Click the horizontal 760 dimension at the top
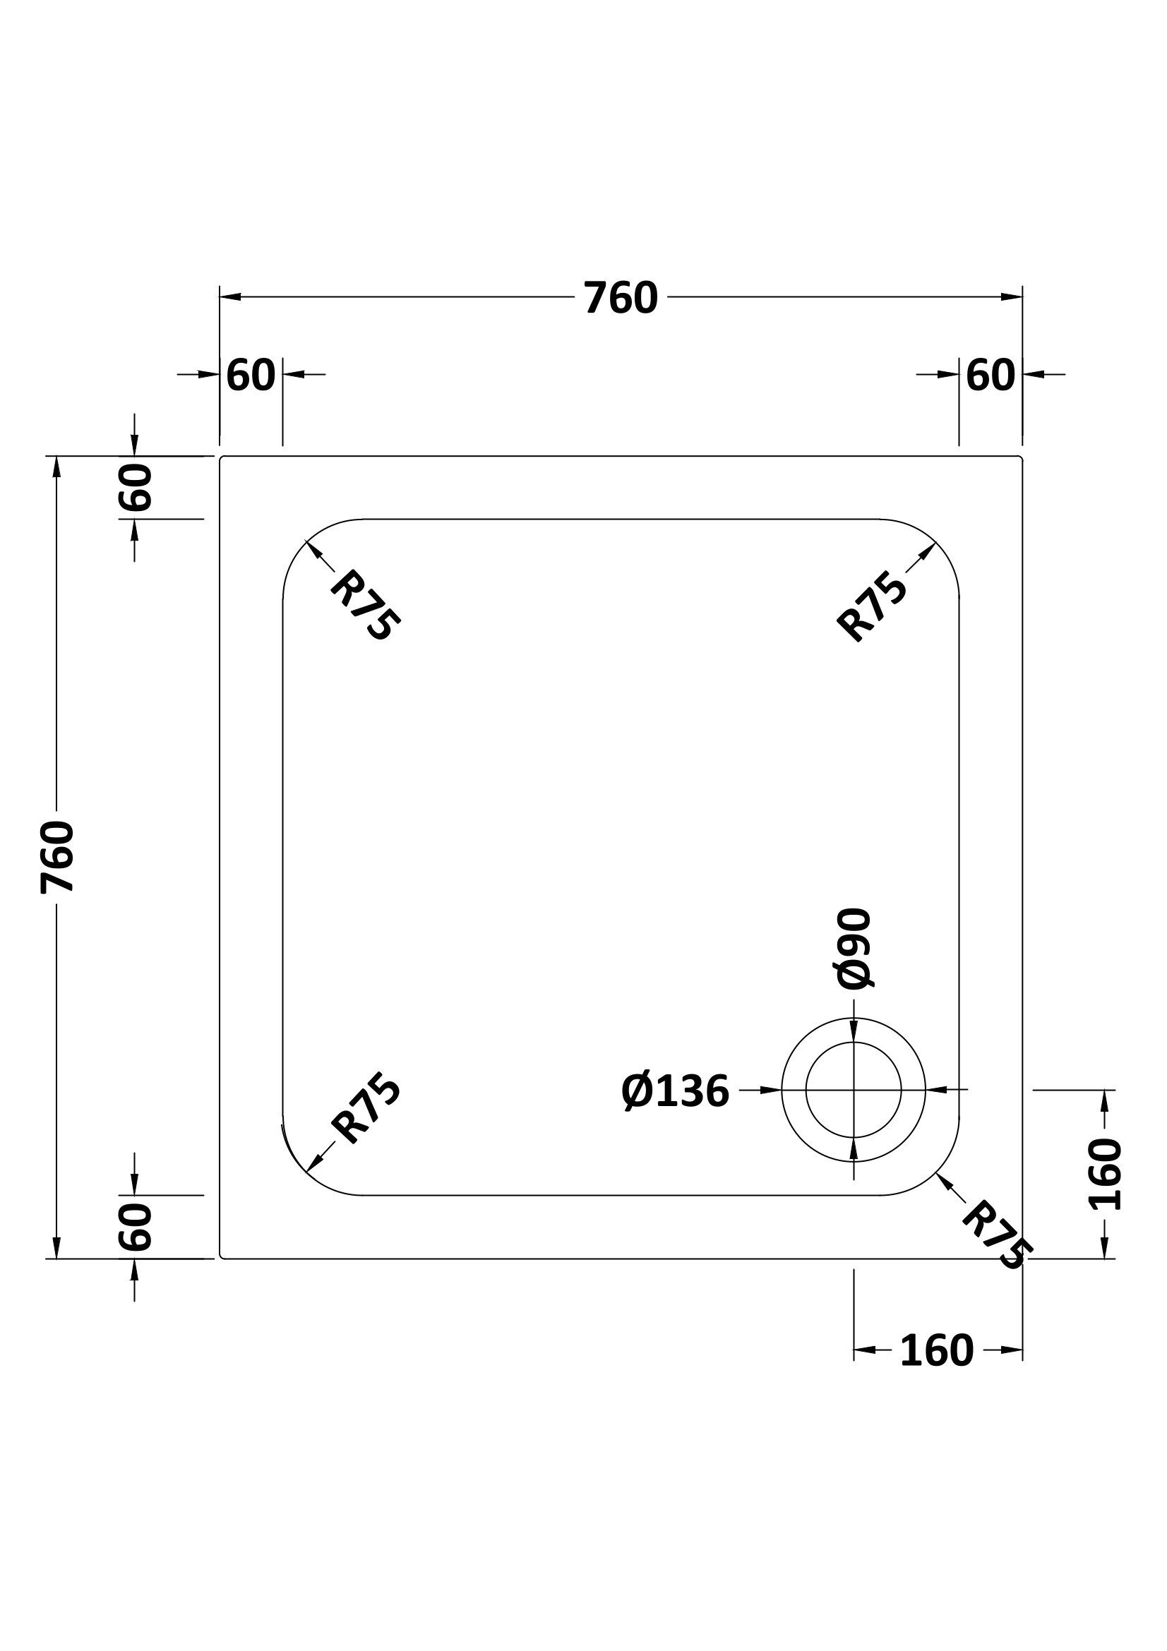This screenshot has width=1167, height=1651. tap(621, 298)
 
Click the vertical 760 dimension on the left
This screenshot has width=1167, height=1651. tap(57, 857)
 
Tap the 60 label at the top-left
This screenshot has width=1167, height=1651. tap(251, 375)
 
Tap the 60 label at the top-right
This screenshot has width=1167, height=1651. tap(990, 375)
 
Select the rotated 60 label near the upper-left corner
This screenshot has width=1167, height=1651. tap(136, 487)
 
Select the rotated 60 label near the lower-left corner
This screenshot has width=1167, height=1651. tap(136, 1227)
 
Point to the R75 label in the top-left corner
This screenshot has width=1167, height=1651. tap(364, 605)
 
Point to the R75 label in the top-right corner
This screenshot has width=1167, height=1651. tap(872, 606)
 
